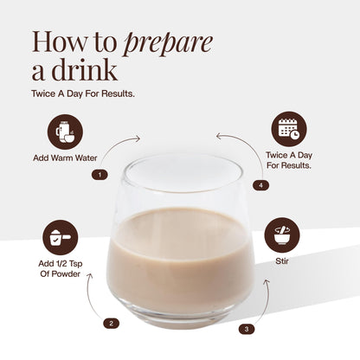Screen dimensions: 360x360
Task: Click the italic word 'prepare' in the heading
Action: point(168,44)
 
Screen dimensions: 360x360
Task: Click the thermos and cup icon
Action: point(65,132)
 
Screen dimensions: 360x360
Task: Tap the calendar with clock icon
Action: point(289,129)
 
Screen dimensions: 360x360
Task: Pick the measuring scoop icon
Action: point(61,237)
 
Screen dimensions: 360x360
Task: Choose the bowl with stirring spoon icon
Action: point(282,235)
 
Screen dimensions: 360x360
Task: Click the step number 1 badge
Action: point(100,175)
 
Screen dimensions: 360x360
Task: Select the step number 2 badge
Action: point(112,324)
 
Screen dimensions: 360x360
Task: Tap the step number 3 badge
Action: point(247,329)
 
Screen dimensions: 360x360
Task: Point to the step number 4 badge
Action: point(261,185)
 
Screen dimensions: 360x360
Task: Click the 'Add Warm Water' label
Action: point(65,158)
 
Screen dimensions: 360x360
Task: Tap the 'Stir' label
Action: point(282,261)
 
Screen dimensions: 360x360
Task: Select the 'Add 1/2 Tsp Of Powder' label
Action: point(61,269)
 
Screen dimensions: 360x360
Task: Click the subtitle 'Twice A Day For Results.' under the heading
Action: point(83,93)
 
